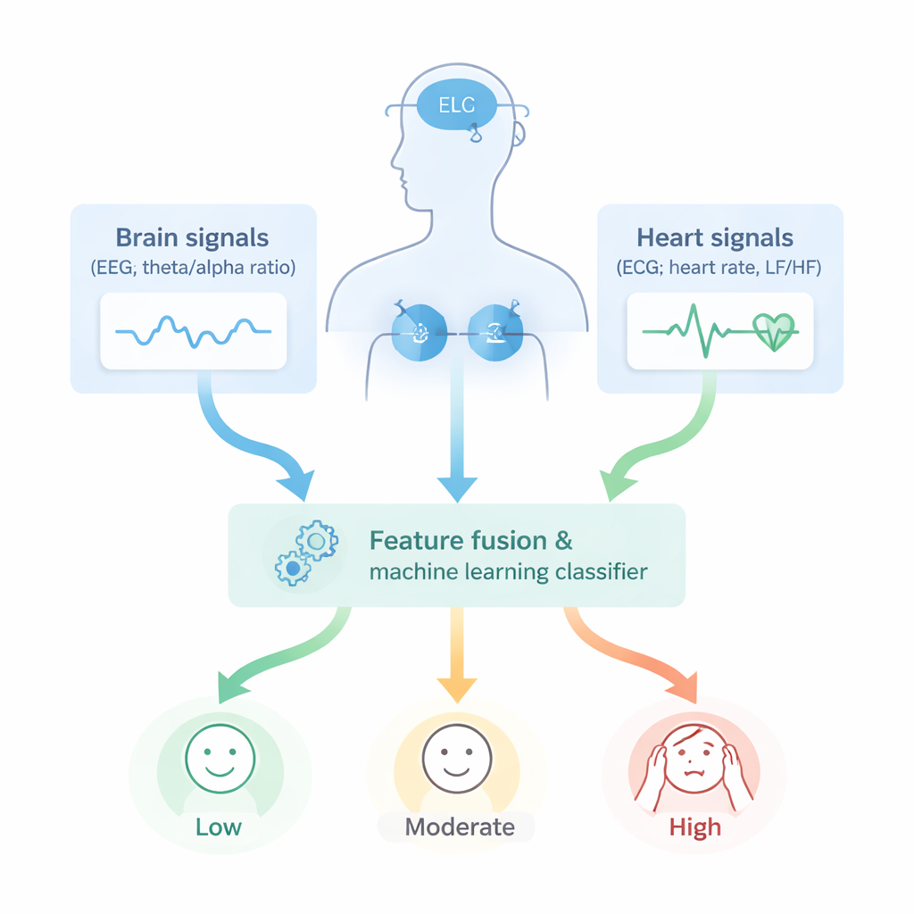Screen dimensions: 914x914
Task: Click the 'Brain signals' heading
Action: [192, 238]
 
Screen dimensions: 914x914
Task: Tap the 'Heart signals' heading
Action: [714, 238]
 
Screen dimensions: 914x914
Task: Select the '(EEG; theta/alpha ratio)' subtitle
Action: [193, 267]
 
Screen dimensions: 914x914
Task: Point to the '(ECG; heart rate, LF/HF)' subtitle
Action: [719, 267]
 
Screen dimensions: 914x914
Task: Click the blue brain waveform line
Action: [193, 331]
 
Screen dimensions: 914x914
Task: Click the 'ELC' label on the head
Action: [459, 105]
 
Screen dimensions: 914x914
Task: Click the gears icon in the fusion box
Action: [304, 553]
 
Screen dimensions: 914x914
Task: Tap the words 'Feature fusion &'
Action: [470, 541]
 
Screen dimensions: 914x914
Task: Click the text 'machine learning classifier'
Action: [508, 571]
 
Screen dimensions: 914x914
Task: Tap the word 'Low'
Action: [219, 827]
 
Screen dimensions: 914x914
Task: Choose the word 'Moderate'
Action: [460, 827]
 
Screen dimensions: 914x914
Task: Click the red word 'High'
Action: [694, 827]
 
